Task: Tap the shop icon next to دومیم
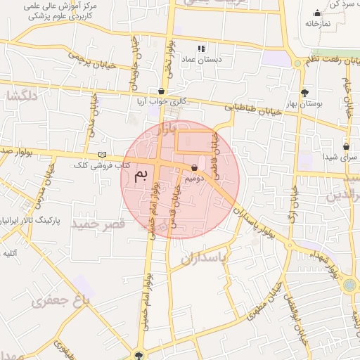point(194,167)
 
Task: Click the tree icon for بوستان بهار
point(304,92)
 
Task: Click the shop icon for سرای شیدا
point(347,147)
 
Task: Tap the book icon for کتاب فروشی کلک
point(103,154)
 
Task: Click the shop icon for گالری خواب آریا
point(162,91)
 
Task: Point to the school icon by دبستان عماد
point(201,49)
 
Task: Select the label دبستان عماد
point(201,60)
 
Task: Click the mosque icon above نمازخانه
point(318,12)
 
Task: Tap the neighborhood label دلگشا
point(23,96)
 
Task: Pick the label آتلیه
point(10,252)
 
